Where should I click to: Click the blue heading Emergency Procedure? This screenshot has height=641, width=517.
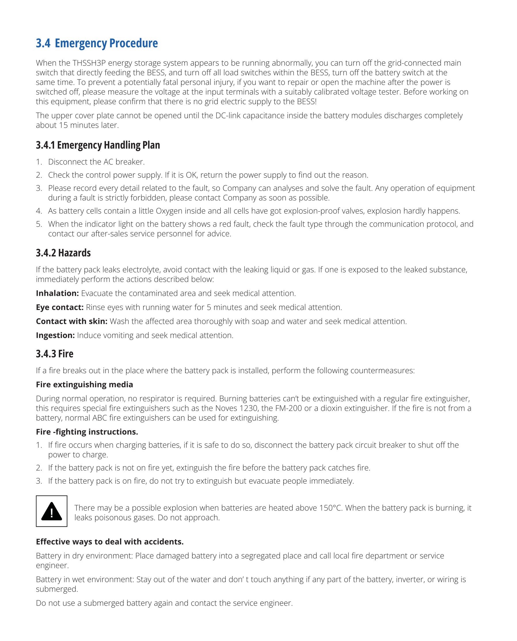tap(106, 43)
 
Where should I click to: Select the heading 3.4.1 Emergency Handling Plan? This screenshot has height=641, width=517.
tap(98, 145)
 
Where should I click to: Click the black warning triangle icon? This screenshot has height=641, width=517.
tap(52, 511)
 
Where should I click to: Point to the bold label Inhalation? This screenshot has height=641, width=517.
tap(57, 293)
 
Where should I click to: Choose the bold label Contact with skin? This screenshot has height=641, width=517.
tap(71, 321)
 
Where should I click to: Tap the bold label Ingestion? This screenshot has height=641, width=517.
tap(55, 335)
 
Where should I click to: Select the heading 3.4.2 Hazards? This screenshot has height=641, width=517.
tap(63, 253)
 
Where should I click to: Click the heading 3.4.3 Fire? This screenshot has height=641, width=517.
tap(54, 354)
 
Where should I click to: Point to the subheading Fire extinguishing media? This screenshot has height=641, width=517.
tap(84, 384)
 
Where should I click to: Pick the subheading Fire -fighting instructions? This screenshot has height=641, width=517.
tap(87, 432)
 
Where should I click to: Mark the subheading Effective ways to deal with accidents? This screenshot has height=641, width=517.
tap(110, 542)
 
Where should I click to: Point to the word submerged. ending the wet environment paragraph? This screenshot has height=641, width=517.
tap(57, 589)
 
